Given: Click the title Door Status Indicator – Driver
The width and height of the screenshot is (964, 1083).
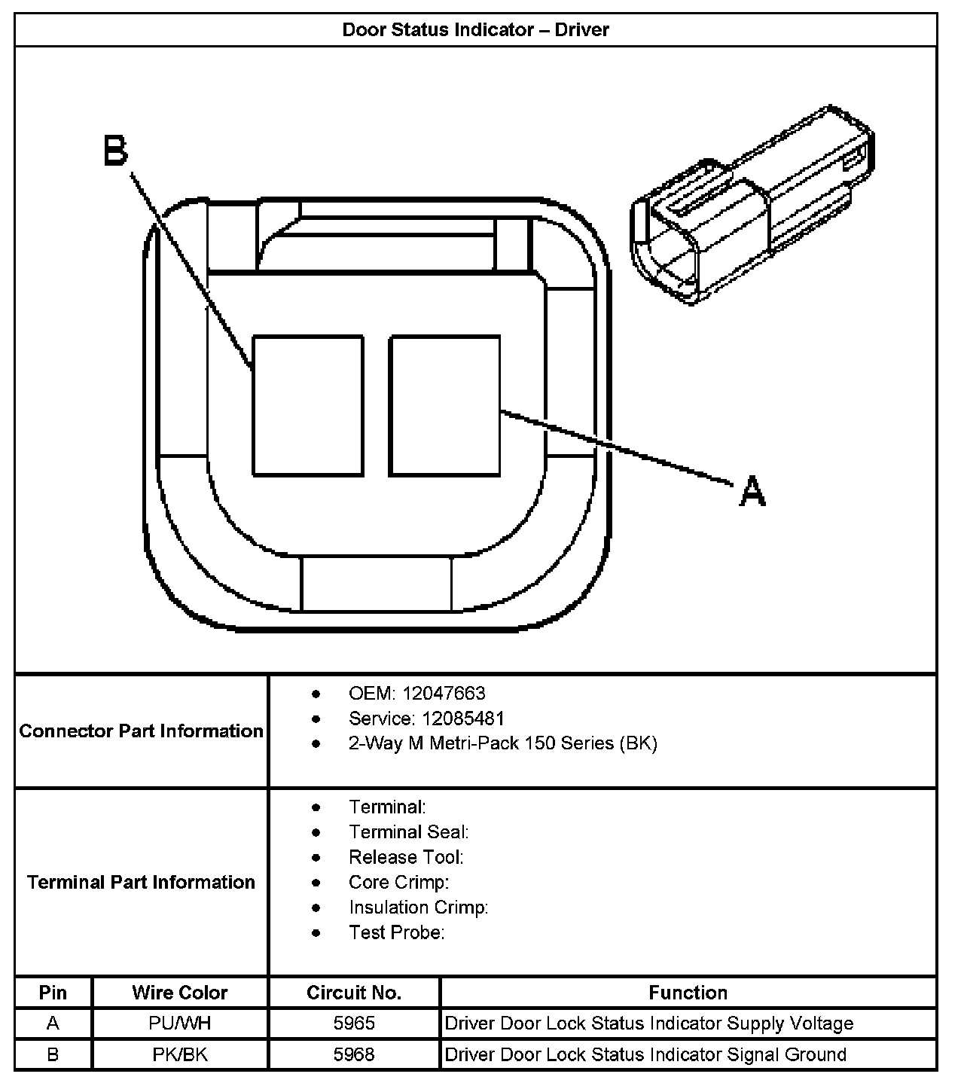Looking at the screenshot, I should point(475,30).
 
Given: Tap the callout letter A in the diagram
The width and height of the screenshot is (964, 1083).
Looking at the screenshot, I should point(752,491).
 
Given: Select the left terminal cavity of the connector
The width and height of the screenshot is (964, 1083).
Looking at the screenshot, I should point(308,406).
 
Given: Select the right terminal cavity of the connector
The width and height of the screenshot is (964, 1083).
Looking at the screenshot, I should point(444,406).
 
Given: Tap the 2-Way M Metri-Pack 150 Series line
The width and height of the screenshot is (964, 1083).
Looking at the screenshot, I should point(502,743).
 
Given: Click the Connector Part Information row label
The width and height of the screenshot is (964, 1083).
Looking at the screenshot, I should point(142,731).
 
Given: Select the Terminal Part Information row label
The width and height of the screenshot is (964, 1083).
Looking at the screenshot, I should point(142,882).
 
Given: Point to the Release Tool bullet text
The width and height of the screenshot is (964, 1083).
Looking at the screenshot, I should point(406,857).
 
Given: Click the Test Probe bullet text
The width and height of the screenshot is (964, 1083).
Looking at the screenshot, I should point(396,932).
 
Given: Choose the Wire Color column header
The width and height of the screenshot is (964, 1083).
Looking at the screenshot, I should point(179,993).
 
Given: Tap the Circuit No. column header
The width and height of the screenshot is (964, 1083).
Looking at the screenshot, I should point(354,993).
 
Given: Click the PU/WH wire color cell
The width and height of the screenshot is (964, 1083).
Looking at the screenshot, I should point(179,1024).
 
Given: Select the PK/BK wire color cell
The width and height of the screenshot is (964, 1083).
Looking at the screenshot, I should point(179,1054).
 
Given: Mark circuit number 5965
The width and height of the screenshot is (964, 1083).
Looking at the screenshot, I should point(354,1024).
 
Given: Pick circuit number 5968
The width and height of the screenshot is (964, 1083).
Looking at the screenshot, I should point(354,1054).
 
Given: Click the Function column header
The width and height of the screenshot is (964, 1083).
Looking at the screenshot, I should point(688,993).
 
